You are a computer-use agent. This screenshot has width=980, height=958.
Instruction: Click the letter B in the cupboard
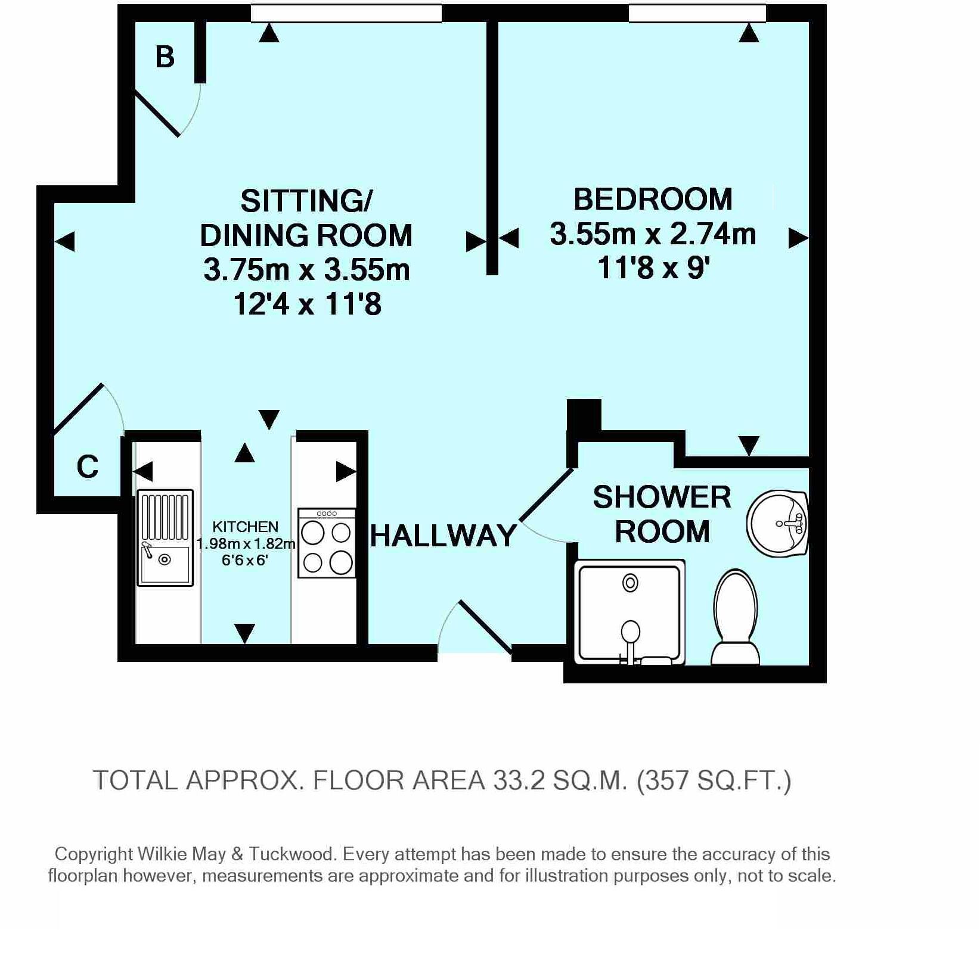[x=165, y=57]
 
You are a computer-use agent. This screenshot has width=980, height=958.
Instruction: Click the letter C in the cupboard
[x=88, y=466]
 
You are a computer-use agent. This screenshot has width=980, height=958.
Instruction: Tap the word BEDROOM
[x=653, y=199]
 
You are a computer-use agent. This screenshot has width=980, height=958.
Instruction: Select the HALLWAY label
[x=444, y=535]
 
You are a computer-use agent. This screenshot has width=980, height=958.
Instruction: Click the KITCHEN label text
[x=246, y=527]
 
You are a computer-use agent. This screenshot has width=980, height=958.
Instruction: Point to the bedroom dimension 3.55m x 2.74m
[x=653, y=234]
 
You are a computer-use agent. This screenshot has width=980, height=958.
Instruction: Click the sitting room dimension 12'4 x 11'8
[x=307, y=304]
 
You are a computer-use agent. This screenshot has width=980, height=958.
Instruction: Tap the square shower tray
[x=630, y=612]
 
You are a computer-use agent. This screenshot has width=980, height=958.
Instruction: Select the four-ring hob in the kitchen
[x=327, y=543]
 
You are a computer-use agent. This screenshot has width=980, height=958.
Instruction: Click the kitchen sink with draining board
[x=165, y=537]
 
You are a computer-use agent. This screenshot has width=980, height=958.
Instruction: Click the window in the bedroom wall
[x=697, y=13]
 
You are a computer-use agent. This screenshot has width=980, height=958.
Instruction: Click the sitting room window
[x=346, y=13]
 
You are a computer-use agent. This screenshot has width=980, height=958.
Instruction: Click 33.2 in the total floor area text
[x=519, y=780]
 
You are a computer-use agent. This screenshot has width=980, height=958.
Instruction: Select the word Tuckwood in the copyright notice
[x=292, y=854]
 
